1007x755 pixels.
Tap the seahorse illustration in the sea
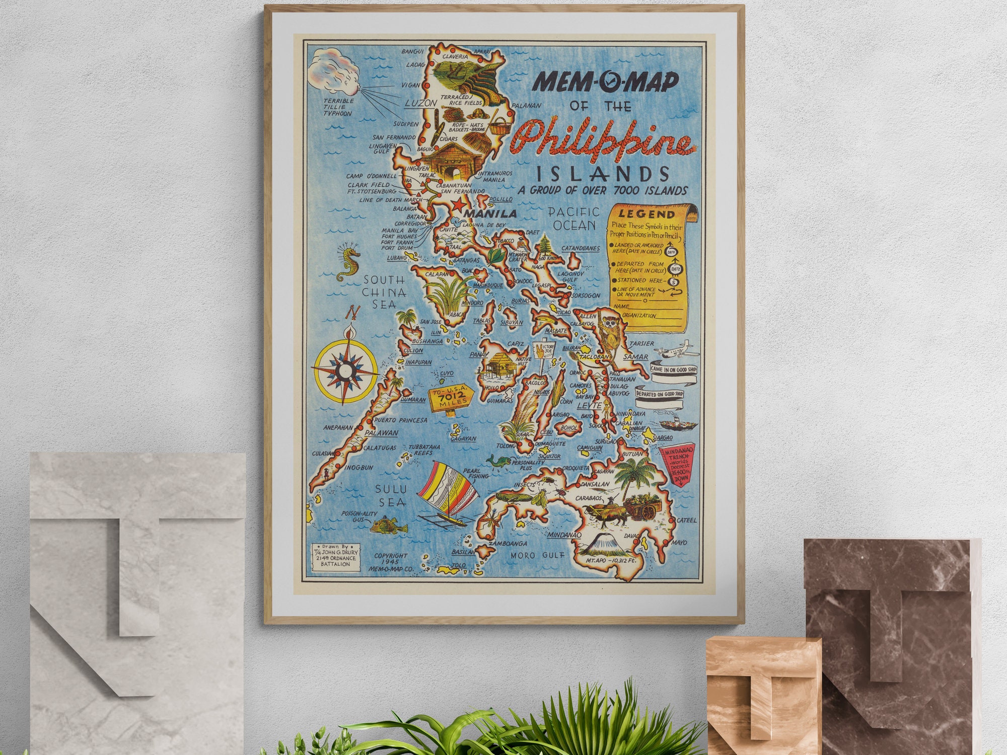click(x=348, y=261)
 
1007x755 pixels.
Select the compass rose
click(x=345, y=371)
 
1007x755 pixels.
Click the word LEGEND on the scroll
click(x=646, y=214)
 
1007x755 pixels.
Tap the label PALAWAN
click(x=381, y=433)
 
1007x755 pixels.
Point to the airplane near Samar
click(x=679, y=349)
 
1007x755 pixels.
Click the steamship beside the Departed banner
click(x=678, y=423)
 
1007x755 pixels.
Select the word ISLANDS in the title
click(x=603, y=174)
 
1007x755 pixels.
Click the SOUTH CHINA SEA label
click(x=384, y=292)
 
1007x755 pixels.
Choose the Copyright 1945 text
click(x=391, y=562)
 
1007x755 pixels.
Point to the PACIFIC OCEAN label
click(x=574, y=218)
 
